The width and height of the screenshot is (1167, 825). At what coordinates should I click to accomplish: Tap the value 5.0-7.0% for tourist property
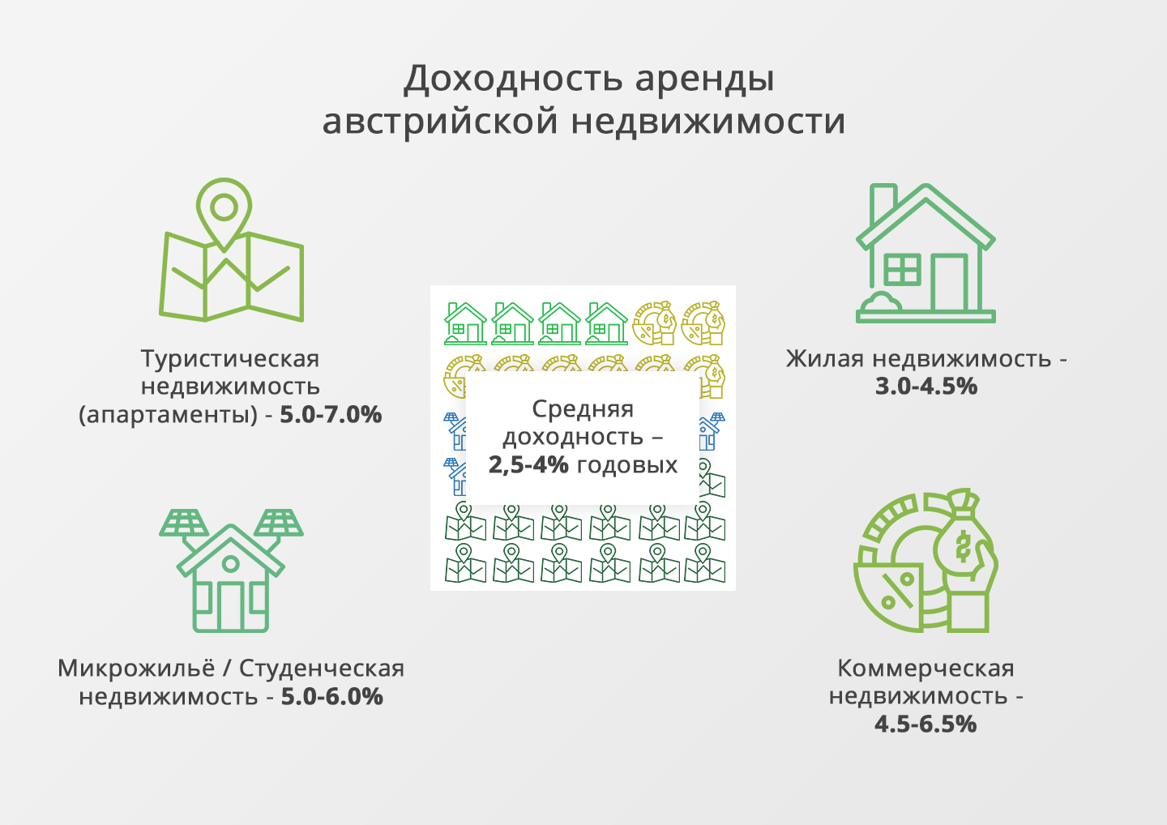(331, 415)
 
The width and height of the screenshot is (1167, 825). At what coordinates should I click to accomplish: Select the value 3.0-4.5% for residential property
(925, 387)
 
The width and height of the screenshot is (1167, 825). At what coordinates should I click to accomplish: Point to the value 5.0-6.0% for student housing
(332, 696)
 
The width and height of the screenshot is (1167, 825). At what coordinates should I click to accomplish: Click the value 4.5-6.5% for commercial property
(925, 724)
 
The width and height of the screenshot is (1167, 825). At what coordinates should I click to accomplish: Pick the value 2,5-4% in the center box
(528, 464)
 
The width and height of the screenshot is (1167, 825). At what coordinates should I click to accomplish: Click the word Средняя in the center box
(583, 409)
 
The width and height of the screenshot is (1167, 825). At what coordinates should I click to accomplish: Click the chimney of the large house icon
(883, 199)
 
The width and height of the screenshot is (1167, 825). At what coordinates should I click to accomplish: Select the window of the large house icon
(902, 269)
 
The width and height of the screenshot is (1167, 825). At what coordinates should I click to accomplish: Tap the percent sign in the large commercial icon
(897, 590)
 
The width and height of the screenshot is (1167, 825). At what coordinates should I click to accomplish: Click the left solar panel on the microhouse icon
(184, 523)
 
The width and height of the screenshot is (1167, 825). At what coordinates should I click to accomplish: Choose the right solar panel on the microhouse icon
(278, 523)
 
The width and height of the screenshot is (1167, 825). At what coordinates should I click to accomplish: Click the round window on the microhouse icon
(231, 563)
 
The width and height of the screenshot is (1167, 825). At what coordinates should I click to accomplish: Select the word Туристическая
(230, 359)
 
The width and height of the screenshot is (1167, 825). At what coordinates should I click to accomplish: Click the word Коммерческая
(925, 669)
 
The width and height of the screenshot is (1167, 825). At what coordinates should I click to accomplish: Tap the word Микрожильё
(136, 669)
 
